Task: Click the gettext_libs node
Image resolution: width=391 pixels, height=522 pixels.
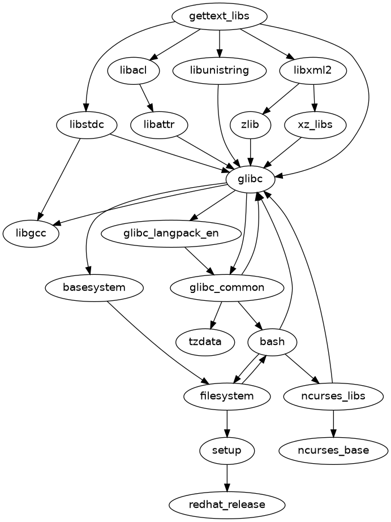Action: (x=219, y=17)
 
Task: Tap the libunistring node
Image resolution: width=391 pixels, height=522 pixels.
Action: (x=220, y=71)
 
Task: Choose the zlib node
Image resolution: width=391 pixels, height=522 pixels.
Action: (x=250, y=124)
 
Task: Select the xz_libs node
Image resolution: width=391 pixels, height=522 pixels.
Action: (x=316, y=124)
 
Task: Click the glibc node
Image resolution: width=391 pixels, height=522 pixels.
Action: (x=250, y=179)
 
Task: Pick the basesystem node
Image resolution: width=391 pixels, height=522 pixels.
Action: (x=94, y=287)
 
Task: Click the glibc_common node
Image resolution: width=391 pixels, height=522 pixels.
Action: (x=226, y=287)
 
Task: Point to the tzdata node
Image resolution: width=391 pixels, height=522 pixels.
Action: (x=205, y=342)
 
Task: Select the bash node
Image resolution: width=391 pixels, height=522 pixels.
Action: (x=273, y=342)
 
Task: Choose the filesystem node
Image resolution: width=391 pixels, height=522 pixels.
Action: (x=227, y=396)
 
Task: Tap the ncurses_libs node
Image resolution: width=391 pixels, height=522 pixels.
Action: (x=333, y=396)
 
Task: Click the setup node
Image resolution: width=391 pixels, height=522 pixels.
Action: (x=227, y=450)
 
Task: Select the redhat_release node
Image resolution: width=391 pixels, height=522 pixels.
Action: (x=227, y=504)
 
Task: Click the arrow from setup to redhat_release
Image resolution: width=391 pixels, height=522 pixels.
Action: (x=227, y=477)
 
